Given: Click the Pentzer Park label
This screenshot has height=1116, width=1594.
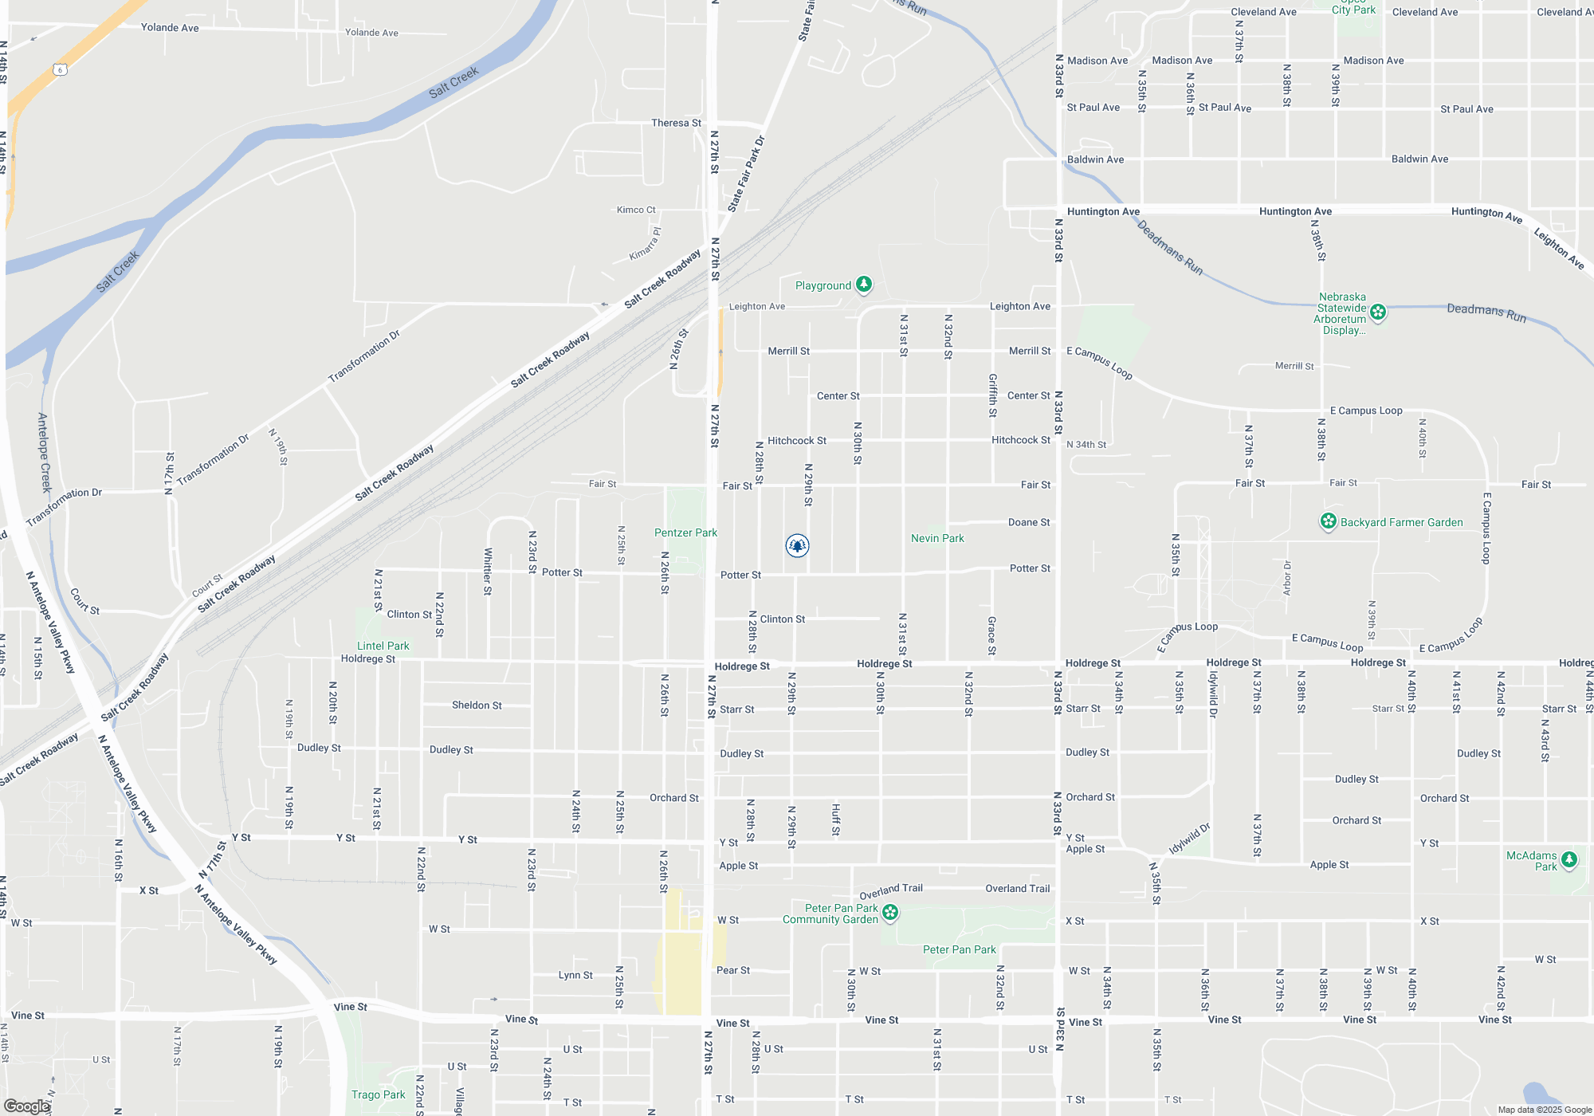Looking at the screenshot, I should coord(685,532).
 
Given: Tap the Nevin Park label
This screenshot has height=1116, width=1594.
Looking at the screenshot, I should coord(937,538).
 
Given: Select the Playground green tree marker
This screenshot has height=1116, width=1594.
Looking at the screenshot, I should coord(864,285).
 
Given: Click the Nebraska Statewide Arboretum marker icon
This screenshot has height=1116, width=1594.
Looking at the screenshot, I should coord(1378,312).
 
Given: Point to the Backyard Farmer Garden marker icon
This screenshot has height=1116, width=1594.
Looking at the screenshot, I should coord(1328,521).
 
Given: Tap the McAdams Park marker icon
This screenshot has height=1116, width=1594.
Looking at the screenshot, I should coord(1569,859).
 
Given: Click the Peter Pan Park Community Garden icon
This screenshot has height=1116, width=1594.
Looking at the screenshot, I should coord(890,912).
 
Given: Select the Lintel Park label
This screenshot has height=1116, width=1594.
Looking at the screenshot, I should coord(383,646).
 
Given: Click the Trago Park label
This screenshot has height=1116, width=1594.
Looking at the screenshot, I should coord(378,1094).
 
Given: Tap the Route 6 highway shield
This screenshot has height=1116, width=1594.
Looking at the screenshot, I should coord(61,70).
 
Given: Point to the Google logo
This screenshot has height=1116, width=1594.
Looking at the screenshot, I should coord(27,1106).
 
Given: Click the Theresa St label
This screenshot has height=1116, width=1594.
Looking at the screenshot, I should coord(676,123).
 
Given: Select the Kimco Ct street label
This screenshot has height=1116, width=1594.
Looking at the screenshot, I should coord(636,210).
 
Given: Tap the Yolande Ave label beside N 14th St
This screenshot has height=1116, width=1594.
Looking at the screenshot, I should coord(170,27).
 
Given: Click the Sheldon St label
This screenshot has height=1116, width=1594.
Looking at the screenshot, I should coord(477,705).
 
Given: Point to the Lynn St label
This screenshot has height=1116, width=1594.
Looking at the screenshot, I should coord(575,975).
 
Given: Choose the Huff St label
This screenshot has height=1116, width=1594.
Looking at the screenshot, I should coord(835,819).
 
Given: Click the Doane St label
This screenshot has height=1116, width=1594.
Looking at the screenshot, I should coord(1029,522).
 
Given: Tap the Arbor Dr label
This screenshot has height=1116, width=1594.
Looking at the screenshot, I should coord(1287,578).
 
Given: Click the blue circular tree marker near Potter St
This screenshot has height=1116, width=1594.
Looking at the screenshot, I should coord(797,546).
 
